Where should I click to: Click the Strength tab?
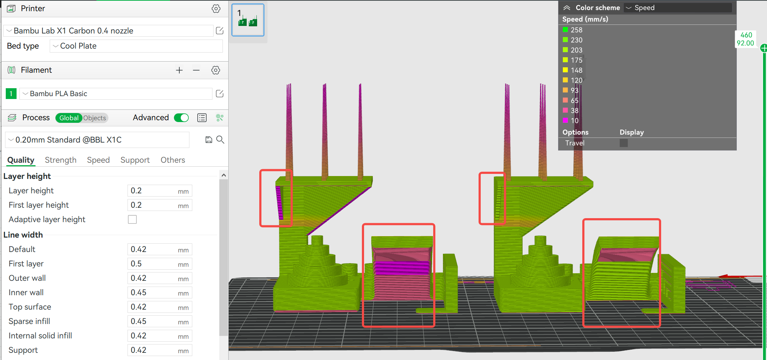click(60, 160)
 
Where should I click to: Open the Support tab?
click(135, 160)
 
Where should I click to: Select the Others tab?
click(173, 160)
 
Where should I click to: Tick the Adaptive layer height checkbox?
click(133, 219)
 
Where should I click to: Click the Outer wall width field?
click(160, 278)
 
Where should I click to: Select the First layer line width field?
click(160, 264)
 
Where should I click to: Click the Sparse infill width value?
click(160, 321)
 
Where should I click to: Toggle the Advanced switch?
click(181, 118)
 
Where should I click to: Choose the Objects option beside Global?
click(95, 118)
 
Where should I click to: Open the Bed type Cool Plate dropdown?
click(136, 46)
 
